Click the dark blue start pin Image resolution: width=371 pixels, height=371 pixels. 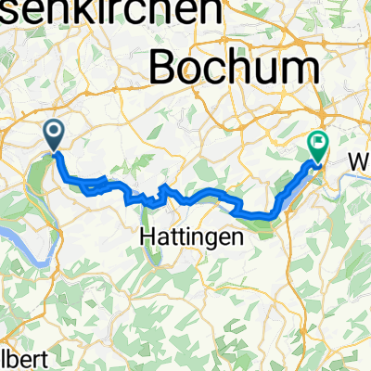tap(54, 136)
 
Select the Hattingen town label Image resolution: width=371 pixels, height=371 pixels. tap(191, 237)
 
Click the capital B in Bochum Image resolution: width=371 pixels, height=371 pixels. tap(165, 67)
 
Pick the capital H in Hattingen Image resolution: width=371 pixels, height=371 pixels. tap(147, 237)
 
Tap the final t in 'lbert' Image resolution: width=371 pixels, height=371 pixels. tap(38, 358)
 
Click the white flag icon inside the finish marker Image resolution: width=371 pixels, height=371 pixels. tap(318, 143)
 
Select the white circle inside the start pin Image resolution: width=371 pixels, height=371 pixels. tap(54, 134)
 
